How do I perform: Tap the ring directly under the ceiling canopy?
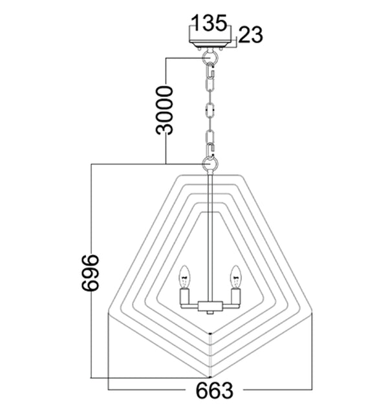point(210,58)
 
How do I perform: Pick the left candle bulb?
point(185,276)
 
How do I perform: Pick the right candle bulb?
point(235,276)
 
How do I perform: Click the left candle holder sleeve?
point(185,298)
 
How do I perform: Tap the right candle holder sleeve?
point(235,298)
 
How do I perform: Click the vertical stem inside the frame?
point(210,239)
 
